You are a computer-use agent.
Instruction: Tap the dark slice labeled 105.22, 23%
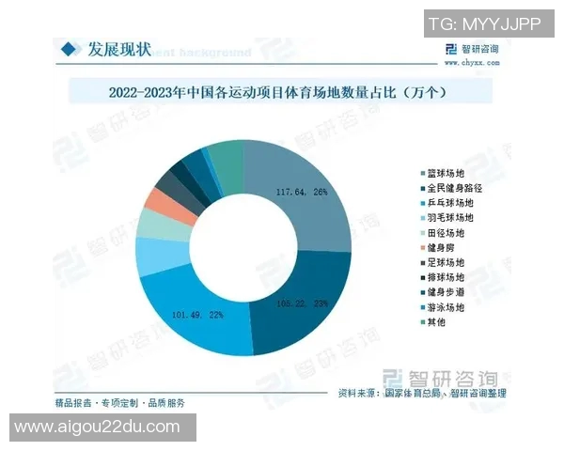(305, 301)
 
